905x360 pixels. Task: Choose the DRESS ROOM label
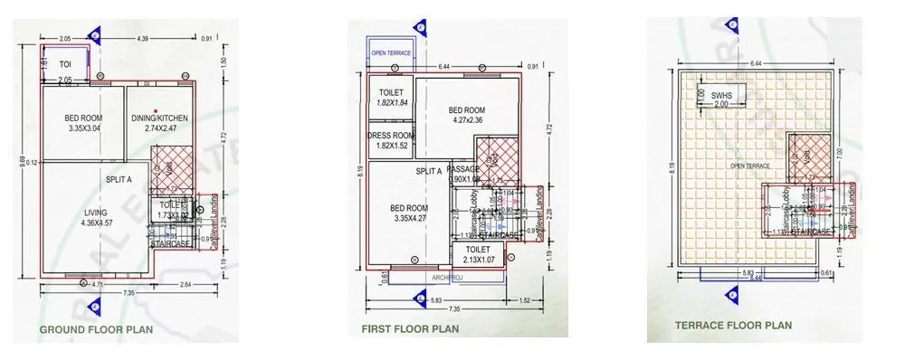coord(390,137)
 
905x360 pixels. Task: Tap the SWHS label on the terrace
coord(721,93)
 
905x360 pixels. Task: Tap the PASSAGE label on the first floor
coord(463,169)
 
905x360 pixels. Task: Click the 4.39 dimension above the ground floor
coord(142,39)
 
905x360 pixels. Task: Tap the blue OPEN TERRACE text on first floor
coord(391,53)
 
